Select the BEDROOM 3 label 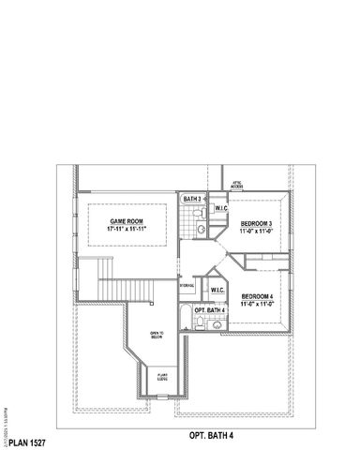256,223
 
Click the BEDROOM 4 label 256,296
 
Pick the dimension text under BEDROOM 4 256,305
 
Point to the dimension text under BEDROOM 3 256,232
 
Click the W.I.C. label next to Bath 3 221,208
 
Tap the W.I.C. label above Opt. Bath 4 217,291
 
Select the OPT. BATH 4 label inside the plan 209,310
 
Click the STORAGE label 187,286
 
